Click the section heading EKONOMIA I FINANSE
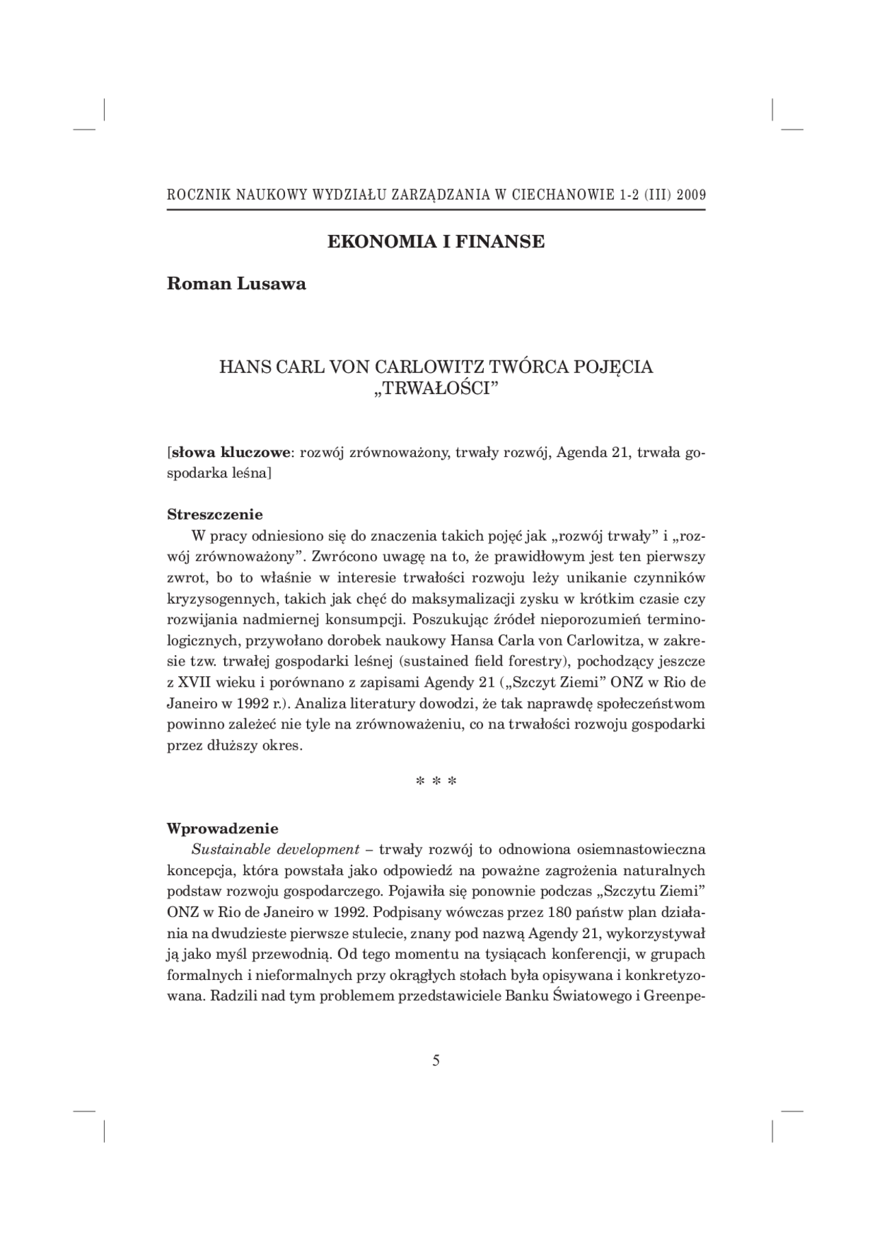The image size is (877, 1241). click(x=436, y=242)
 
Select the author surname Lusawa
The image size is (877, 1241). click(x=271, y=284)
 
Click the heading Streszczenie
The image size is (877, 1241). click(x=214, y=514)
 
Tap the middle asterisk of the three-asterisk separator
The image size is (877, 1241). click(x=436, y=782)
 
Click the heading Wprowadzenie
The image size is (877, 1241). click(x=223, y=828)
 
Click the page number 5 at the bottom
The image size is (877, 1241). click(x=436, y=1061)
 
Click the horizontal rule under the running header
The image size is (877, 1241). click(x=436, y=210)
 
